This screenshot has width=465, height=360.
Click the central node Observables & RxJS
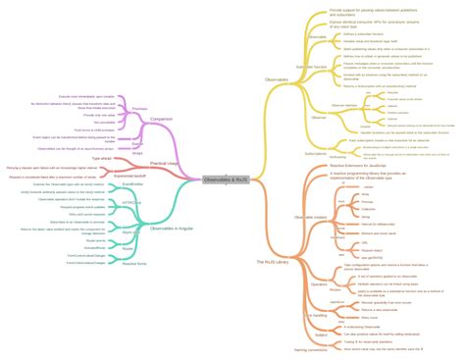(x=226, y=180)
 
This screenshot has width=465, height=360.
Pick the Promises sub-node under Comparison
(x=139, y=109)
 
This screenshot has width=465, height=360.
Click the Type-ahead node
(x=101, y=157)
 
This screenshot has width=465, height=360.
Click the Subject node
(x=320, y=335)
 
